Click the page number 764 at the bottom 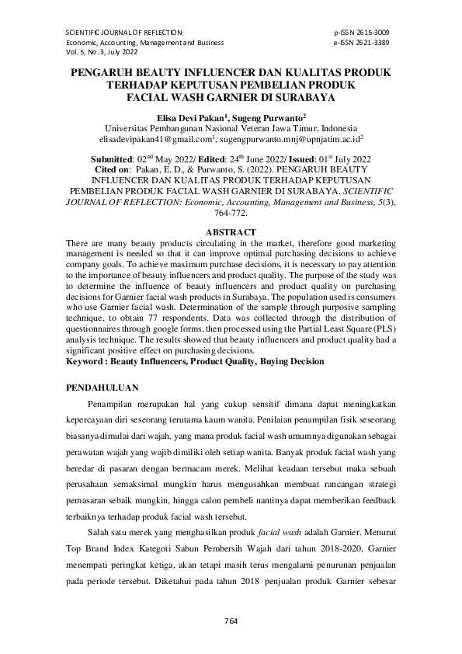[231, 621]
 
